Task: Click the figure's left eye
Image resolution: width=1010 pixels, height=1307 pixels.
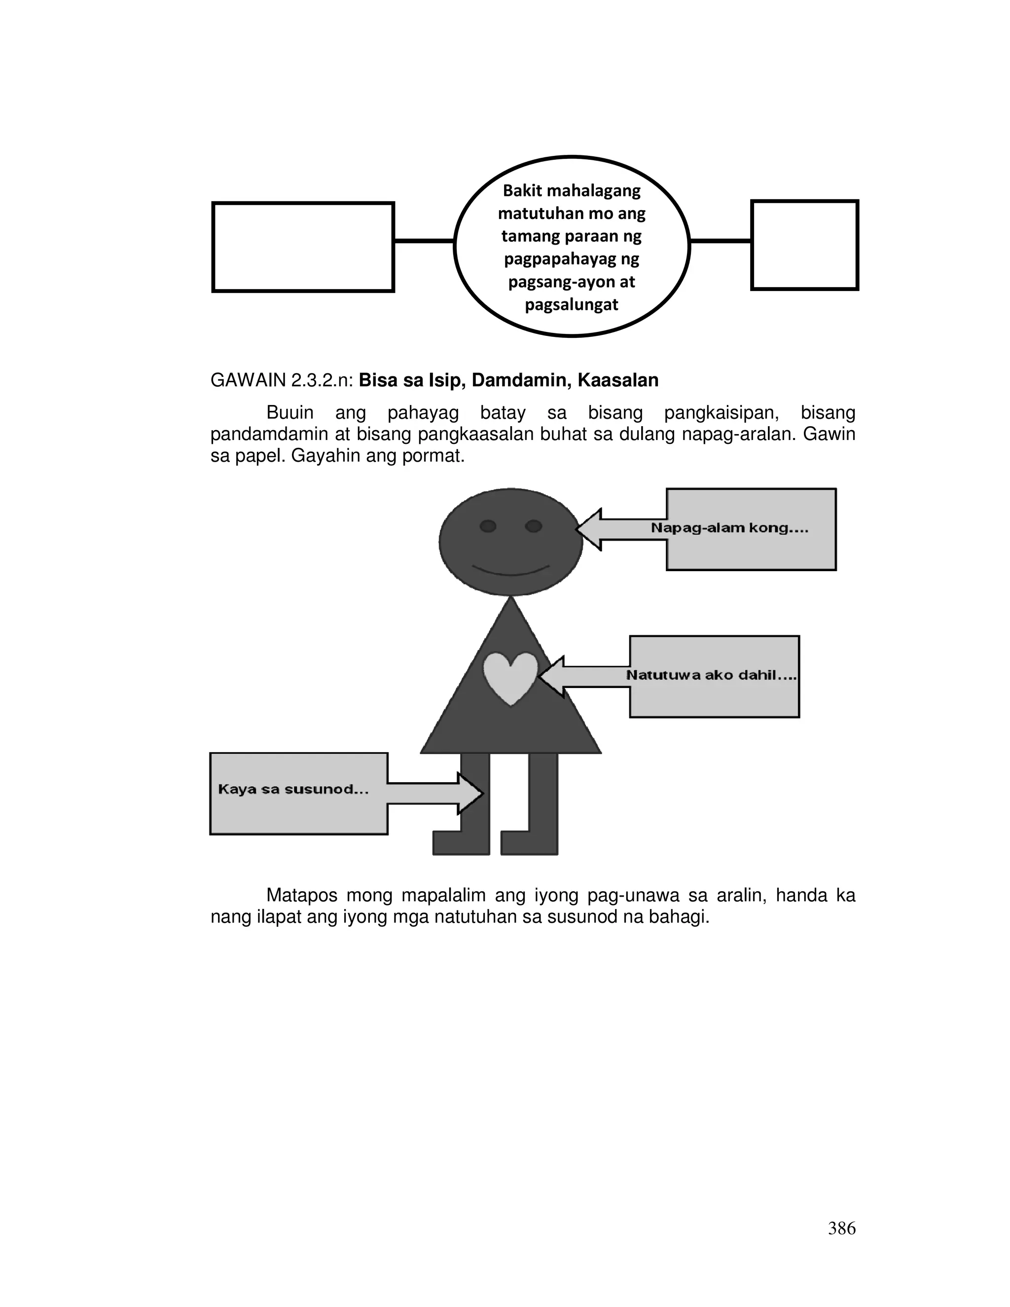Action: [488, 526]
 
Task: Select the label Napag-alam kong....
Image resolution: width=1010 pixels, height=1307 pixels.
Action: [729, 528]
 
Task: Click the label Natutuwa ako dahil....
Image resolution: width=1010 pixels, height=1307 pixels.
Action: [711, 676]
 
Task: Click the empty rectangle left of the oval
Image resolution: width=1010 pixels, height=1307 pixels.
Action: [303, 247]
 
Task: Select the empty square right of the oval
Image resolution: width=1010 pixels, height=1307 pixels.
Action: [804, 245]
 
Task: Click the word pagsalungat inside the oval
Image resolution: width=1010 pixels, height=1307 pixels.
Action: [572, 305]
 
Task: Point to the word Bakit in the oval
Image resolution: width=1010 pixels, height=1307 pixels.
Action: [523, 191]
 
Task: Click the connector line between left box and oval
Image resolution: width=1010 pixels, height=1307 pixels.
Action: [424, 241]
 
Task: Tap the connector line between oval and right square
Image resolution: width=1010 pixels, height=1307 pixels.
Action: [721, 241]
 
